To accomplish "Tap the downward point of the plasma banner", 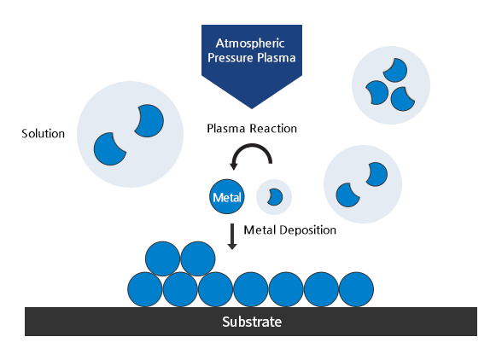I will point(251,102).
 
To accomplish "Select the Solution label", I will point(43,134).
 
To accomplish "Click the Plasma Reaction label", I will point(251,129).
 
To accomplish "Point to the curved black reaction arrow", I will point(252,152).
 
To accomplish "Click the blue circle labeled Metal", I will point(226,197).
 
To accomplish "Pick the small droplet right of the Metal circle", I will point(274,197).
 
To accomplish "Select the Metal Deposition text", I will point(289,230).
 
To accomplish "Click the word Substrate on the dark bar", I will point(251,322).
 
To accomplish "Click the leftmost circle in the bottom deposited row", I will point(144,289).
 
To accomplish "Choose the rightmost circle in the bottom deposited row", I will point(357,289).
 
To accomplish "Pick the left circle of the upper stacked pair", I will point(162,258).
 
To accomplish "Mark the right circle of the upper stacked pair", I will point(197,258).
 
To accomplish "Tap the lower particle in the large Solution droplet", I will point(108,149).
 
